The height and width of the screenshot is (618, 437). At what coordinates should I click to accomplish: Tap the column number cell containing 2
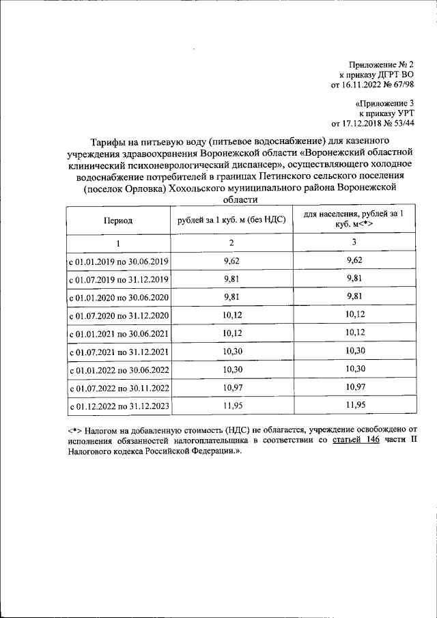pyautogui.click(x=231, y=244)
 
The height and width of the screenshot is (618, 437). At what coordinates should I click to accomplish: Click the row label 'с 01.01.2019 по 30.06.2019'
pyautogui.click(x=118, y=262)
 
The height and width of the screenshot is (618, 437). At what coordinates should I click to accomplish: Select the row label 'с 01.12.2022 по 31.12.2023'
pyautogui.click(x=118, y=407)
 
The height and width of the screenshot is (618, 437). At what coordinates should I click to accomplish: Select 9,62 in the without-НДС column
pyautogui.click(x=231, y=261)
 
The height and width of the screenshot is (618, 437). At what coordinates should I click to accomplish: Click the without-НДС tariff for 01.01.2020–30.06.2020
pyautogui.click(x=231, y=297)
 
